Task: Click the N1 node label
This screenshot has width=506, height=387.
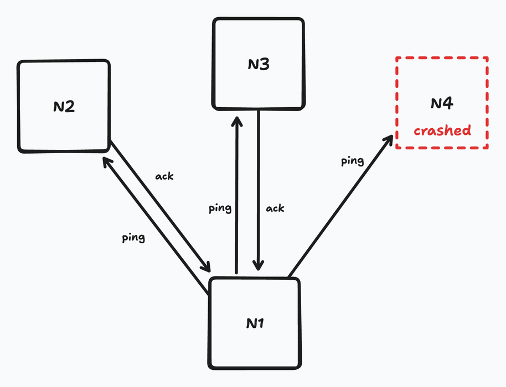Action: click(255, 323)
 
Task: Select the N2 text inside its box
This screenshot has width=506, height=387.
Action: click(64, 107)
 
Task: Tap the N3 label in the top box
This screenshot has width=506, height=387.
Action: click(258, 65)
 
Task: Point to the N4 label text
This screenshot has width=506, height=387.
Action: click(442, 103)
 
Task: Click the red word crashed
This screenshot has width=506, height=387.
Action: click(442, 131)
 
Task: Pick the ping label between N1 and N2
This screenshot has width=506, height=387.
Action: click(133, 238)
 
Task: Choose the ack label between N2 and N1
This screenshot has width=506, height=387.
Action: click(164, 176)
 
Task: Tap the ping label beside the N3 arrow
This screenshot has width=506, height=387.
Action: click(220, 208)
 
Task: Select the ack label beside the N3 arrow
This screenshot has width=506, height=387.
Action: click(275, 208)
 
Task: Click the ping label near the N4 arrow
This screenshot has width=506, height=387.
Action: click(352, 161)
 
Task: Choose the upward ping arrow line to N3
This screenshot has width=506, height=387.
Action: click(236, 193)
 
